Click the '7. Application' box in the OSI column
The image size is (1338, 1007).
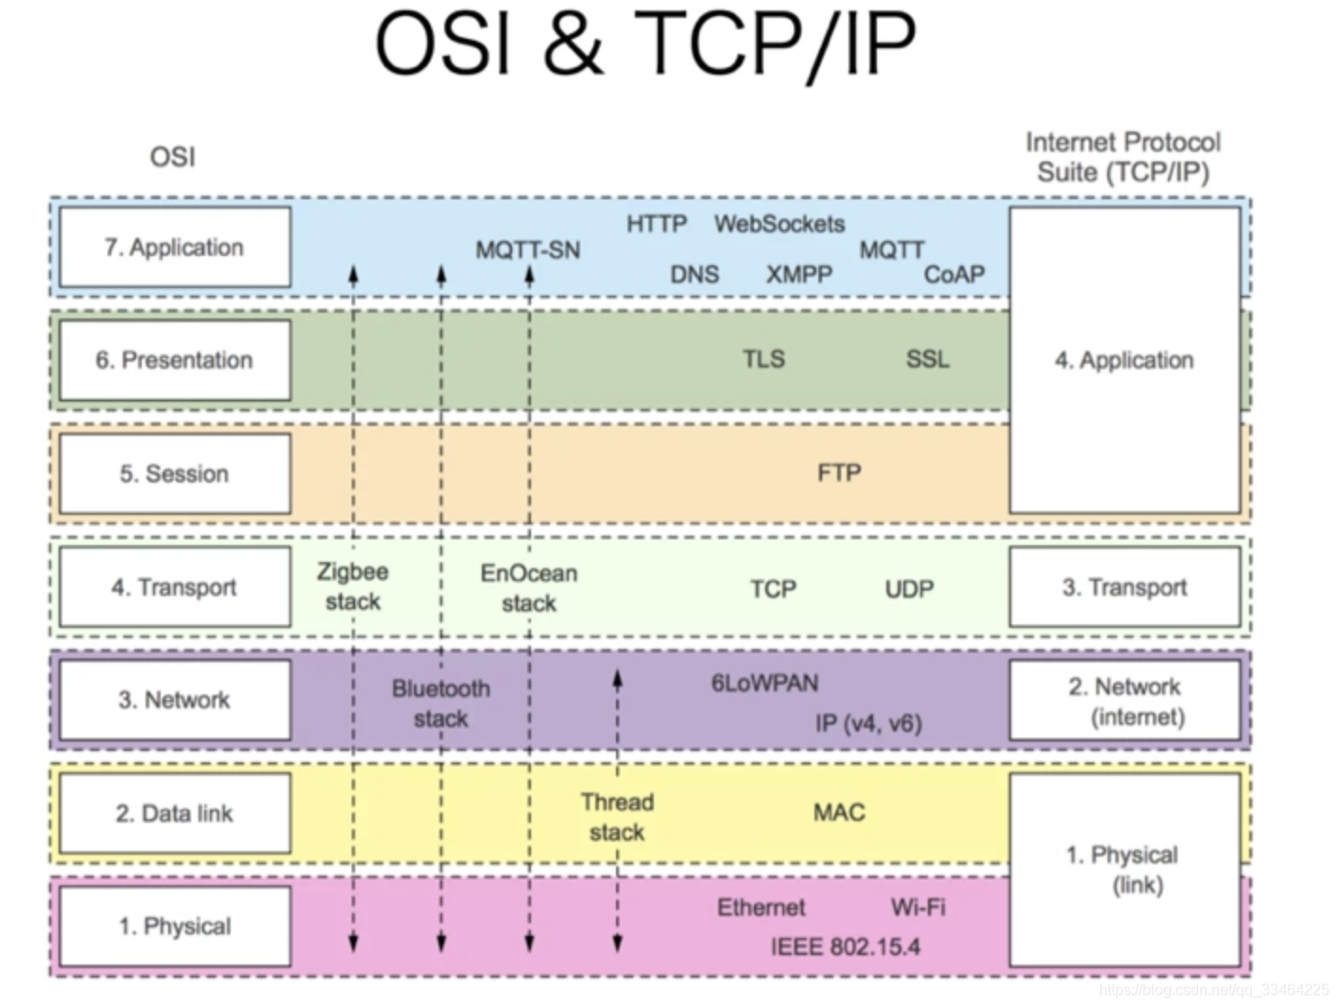coord(175,247)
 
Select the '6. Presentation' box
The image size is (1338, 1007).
coord(175,360)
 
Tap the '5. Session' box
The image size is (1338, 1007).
coord(175,473)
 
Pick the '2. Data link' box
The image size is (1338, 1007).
coord(175,813)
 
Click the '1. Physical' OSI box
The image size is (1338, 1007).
coord(175,926)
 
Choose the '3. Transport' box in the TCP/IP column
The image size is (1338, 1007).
coord(1124,587)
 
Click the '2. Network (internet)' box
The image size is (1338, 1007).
coord(1124,701)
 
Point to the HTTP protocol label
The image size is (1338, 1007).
coord(657,225)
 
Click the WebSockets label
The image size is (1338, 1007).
coord(780,225)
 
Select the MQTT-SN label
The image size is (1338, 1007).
coord(527,250)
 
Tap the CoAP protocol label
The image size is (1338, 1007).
coord(954,275)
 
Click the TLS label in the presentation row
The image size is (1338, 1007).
coord(763,359)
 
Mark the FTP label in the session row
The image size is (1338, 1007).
coord(839,472)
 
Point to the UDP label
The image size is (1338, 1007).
coord(909,589)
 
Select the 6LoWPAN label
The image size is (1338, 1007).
coord(764,683)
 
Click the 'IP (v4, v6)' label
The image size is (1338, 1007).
coord(868,723)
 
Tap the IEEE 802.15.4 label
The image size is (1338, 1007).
coord(845,947)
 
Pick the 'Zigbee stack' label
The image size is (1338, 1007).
coord(352,587)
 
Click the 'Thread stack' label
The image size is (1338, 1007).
coord(617,817)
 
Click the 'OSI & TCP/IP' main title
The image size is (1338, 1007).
coord(645,43)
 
